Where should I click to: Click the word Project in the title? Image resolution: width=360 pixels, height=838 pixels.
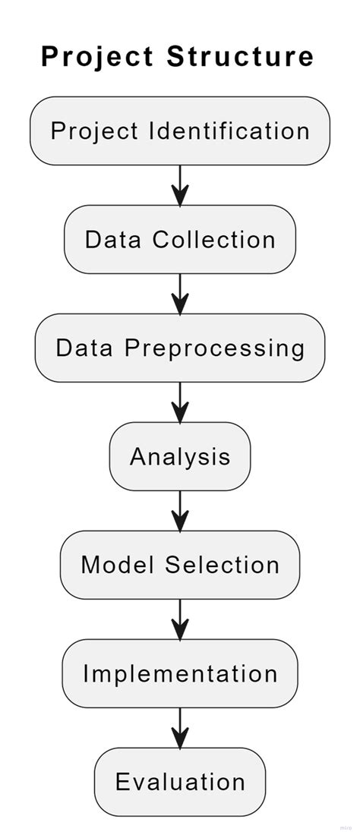(x=98, y=57)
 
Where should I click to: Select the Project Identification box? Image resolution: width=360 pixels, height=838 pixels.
(x=180, y=131)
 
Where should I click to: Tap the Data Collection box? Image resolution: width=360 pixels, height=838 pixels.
(x=180, y=239)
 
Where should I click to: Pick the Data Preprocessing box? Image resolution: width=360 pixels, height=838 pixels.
(x=180, y=348)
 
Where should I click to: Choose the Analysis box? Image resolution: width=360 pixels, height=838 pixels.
(x=180, y=456)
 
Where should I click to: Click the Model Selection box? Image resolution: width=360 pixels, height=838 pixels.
(x=180, y=565)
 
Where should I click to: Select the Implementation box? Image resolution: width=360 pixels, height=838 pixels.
(x=180, y=673)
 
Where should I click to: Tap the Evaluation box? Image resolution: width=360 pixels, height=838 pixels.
(x=180, y=782)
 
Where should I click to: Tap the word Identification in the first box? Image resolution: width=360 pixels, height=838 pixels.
(x=229, y=131)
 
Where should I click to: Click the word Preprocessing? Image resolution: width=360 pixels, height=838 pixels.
(x=214, y=348)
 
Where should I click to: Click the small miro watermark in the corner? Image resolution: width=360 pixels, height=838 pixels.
(x=346, y=828)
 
